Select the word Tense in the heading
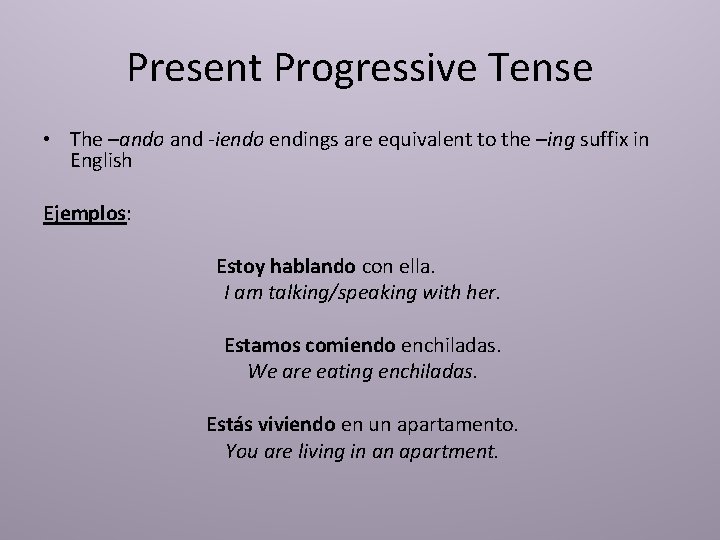click(544, 69)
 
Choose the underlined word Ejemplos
click(84, 214)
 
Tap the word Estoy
click(241, 267)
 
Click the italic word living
click(318, 451)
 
